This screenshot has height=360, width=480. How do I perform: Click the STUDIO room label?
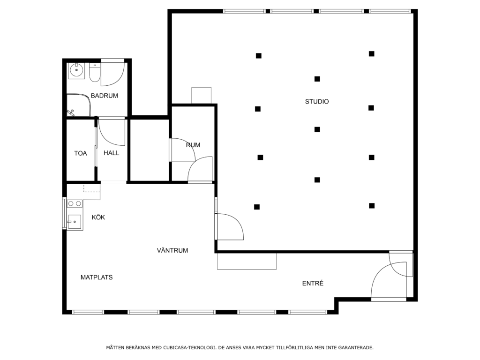[317, 102]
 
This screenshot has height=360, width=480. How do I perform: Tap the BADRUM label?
[105, 96]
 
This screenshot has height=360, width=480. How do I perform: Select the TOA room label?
[81, 153]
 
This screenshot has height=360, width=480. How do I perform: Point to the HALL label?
[112, 153]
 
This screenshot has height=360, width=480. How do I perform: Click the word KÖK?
[98, 217]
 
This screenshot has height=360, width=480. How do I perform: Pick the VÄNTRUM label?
[172, 250]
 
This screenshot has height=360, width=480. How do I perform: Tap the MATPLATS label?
[97, 277]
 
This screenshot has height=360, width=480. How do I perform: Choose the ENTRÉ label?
[313, 284]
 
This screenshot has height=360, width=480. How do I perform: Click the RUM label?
[193, 145]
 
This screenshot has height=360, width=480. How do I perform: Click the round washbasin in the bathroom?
[75, 71]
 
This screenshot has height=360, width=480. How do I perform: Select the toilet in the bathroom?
[95, 73]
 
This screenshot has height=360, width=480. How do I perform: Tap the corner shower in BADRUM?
[79, 105]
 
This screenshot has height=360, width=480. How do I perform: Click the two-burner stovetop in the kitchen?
[75, 203]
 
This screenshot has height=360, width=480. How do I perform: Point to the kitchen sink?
[75, 222]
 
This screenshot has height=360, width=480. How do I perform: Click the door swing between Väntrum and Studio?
[230, 226]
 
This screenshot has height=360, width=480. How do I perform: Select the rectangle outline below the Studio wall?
[247, 261]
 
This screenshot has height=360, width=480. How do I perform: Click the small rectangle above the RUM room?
[202, 96]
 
